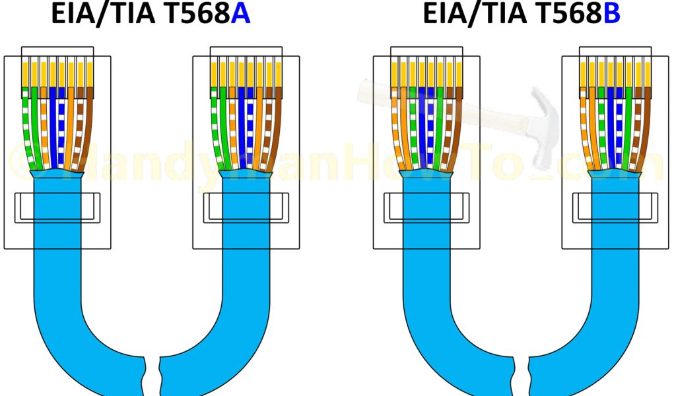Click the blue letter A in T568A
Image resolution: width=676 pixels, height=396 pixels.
[x=240, y=15]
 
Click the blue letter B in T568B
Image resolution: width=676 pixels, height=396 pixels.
[x=613, y=15]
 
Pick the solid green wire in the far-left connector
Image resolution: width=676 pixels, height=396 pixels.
[x=36, y=125]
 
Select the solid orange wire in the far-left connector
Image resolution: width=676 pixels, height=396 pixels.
[x=70, y=125]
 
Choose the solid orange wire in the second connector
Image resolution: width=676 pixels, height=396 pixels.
[x=258, y=125]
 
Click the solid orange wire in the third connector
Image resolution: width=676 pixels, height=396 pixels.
[x=404, y=125]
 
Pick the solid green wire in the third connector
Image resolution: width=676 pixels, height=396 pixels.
[x=437, y=125]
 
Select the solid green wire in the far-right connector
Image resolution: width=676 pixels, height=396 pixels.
[x=626, y=125]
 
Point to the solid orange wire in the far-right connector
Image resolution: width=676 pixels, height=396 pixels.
[x=593, y=125]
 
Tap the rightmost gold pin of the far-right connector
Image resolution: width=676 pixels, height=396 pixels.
[x=643, y=73]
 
